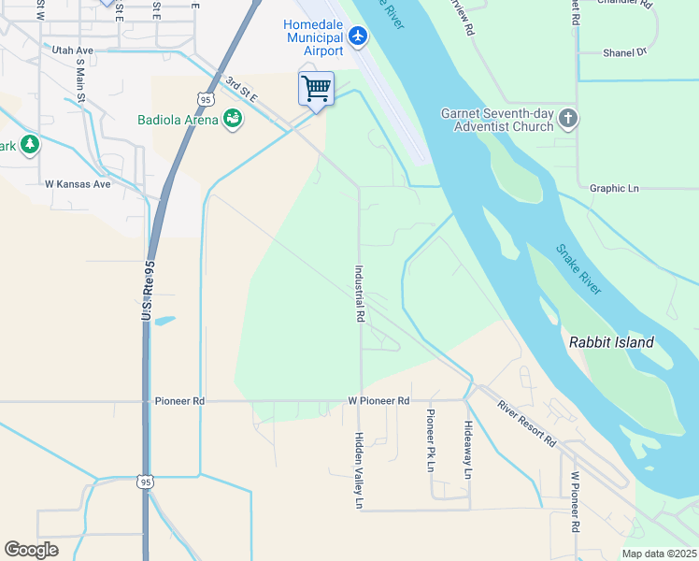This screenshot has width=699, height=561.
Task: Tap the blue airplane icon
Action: [358, 36]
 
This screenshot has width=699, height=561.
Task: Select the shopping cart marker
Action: [317, 90]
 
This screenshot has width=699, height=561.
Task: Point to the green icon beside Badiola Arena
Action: [232, 119]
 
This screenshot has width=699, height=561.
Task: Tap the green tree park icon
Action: [31, 144]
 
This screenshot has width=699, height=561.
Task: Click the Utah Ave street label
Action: [73, 50]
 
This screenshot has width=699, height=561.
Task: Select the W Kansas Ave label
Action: [78, 184]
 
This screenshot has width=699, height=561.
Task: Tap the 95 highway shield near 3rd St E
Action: [206, 98]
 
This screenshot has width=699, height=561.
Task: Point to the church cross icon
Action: [569, 120]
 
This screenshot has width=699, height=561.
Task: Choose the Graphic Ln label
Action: [614, 188]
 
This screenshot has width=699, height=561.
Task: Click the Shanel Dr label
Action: [625, 53]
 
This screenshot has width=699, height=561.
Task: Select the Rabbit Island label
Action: [612, 342]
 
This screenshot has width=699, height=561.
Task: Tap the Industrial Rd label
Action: [359, 294]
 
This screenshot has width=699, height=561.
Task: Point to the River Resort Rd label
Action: [527, 423]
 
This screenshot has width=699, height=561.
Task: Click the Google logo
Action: [31, 550]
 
